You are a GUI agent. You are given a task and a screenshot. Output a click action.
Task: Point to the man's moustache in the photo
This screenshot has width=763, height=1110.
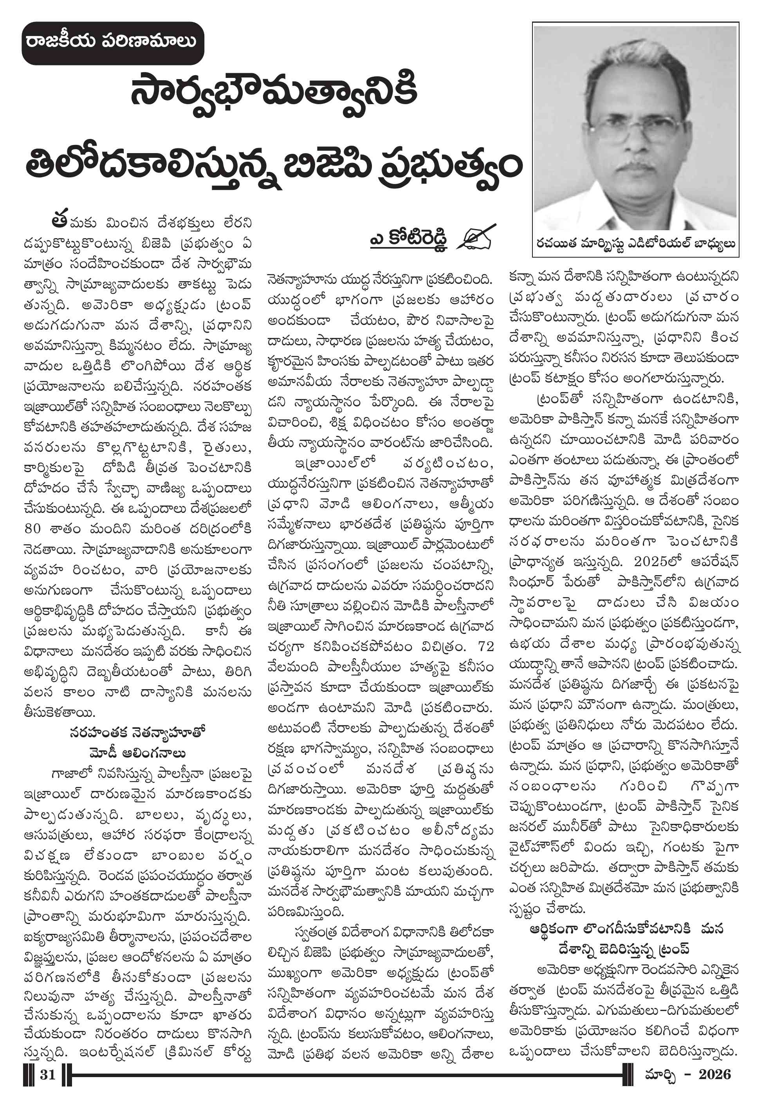point(636,169)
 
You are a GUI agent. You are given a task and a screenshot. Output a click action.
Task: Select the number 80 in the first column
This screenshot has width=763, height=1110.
point(32,528)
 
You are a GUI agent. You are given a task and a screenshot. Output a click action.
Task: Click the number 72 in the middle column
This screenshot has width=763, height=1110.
point(486,646)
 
